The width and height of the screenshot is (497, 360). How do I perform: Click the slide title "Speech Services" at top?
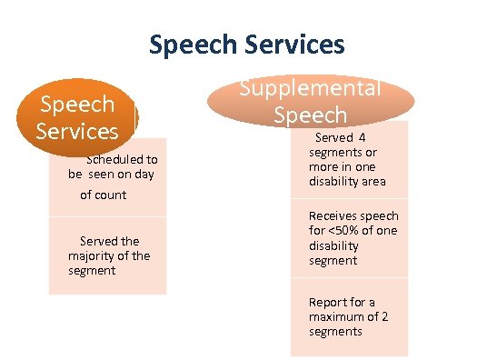coord(246,44)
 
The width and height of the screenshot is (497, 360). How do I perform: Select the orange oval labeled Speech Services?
coord(76,117)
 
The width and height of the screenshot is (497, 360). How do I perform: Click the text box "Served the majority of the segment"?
coord(107,255)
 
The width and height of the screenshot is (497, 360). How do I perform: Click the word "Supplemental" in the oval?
coord(310,89)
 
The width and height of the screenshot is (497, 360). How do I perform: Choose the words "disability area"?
coord(347,182)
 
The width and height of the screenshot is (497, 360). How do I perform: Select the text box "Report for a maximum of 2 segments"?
coord(349,317)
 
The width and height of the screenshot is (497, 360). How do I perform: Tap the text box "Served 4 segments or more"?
coord(349,160)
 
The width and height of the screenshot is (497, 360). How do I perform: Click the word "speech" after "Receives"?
coord(380,216)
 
